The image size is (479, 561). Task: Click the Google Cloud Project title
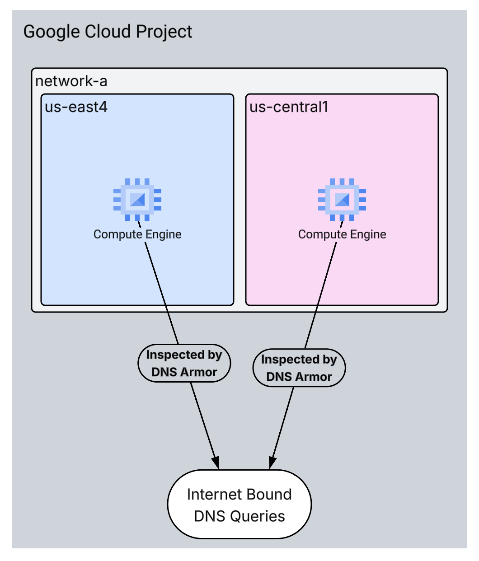coord(108,32)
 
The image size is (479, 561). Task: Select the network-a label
coord(71,81)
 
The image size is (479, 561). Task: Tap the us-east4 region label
coord(76,107)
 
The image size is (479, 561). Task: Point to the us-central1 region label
coord(289,107)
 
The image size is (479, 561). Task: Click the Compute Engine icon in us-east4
coord(137,199)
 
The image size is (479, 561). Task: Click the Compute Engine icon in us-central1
coord(342,199)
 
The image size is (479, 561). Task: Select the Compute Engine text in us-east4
coord(137,234)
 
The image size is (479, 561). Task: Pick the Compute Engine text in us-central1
coord(342,234)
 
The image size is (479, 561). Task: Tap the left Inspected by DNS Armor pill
coord(184,364)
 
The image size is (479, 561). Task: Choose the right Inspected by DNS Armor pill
coord(299,368)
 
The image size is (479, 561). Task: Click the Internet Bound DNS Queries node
coord(239,505)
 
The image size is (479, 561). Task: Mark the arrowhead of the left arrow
coord(216,463)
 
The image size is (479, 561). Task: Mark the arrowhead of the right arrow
coord(272,463)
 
